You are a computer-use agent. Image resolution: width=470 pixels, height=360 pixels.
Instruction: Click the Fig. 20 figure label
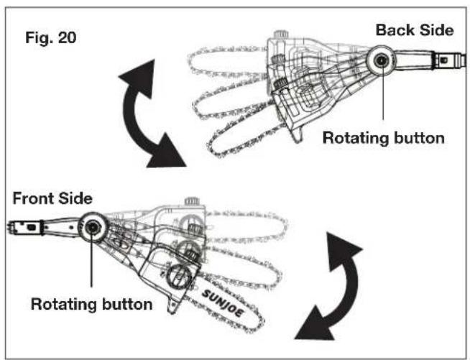click(x=51, y=38)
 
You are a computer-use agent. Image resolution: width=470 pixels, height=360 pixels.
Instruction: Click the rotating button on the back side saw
click(x=382, y=60)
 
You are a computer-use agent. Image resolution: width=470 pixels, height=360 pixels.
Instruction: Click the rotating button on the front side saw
click(x=92, y=227)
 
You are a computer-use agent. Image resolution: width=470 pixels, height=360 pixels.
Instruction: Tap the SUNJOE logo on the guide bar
click(x=222, y=303)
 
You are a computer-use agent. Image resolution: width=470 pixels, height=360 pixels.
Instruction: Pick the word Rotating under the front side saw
click(x=64, y=304)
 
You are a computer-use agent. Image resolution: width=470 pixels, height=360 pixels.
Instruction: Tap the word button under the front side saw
click(x=127, y=304)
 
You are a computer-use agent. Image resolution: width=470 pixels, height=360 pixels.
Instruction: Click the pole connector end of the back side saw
click(x=451, y=60)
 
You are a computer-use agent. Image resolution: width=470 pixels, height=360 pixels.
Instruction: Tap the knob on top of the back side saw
click(x=281, y=34)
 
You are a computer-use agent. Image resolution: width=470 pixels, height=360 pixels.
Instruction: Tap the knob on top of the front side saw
click(x=192, y=201)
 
